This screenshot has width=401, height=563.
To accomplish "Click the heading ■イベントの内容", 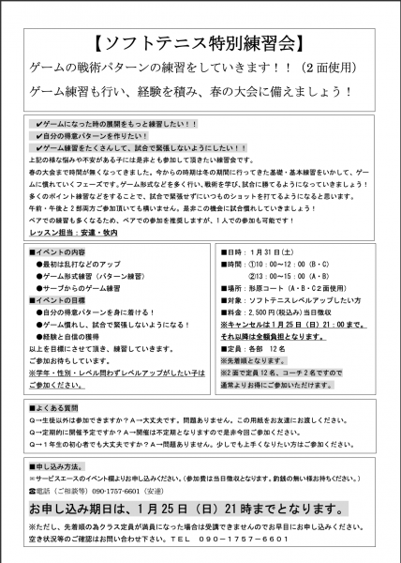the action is [x=58, y=252].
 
